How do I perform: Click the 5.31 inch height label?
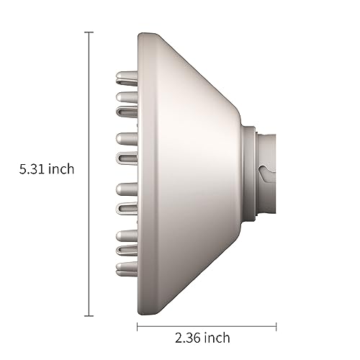pyautogui.click(x=48, y=171)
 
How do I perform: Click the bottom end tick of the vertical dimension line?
pyautogui.click(x=89, y=315)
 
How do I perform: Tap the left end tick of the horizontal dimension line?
pyautogui.click(x=137, y=325)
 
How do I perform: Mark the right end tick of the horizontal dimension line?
pyautogui.click(x=276, y=325)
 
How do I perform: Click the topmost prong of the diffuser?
pyautogui.click(x=124, y=74)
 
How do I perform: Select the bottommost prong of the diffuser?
pyautogui.click(x=124, y=270)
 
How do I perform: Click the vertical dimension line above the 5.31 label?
pyautogui.click(x=89, y=94)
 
